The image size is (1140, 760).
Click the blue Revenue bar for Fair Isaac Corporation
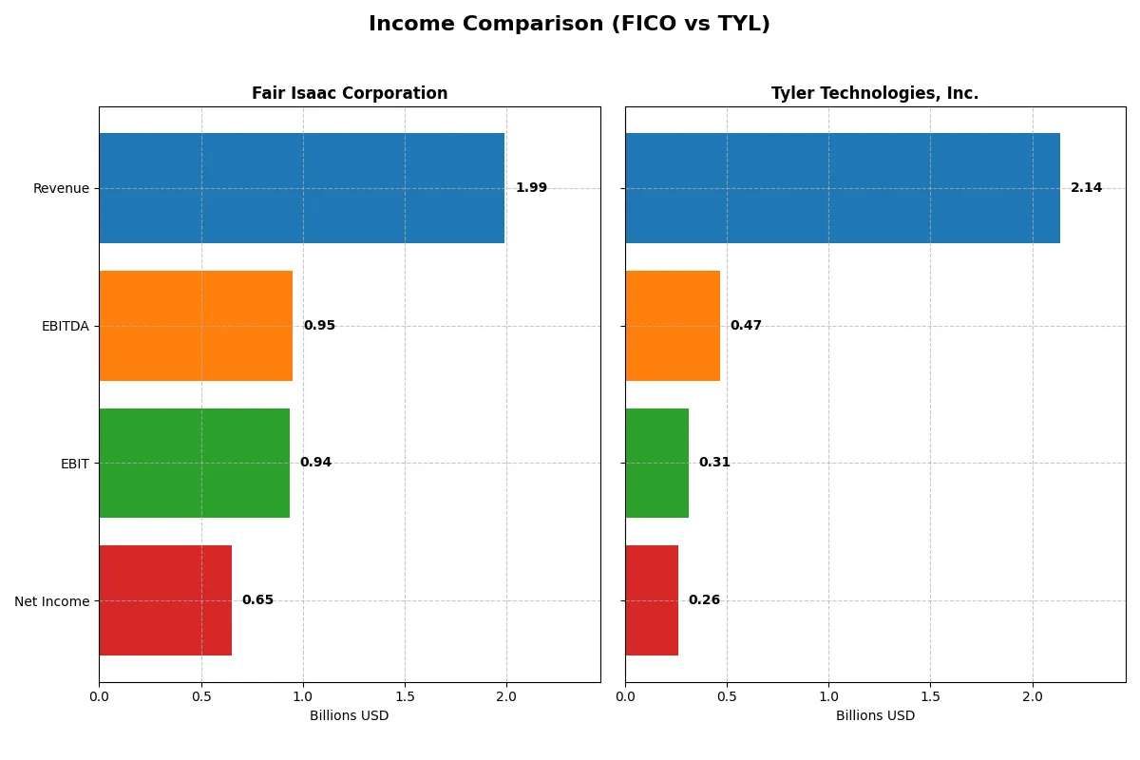point(301,188)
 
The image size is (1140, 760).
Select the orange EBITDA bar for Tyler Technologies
point(673,326)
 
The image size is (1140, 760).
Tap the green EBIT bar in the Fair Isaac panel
point(194,463)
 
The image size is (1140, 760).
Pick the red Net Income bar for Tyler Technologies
point(652,600)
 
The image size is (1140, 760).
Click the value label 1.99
point(531,188)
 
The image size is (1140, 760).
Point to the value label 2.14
point(1086,188)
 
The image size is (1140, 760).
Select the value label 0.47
point(746,326)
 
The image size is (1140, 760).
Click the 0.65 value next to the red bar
point(257,600)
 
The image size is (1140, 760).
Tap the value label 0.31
point(714,463)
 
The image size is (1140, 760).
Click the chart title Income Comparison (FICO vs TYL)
point(569,25)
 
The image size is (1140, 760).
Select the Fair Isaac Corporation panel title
point(350,94)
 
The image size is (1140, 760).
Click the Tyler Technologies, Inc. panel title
point(875,94)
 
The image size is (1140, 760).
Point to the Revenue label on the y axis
point(61,189)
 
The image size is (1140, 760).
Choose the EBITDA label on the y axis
point(65,326)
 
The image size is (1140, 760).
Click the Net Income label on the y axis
point(52,601)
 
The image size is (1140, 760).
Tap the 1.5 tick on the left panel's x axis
point(405,696)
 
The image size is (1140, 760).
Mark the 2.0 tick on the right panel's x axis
point(1032,696)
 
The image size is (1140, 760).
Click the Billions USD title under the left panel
point(349,716)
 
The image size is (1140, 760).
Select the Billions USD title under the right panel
point(875,716)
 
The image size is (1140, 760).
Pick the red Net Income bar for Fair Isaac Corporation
point(165,600)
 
